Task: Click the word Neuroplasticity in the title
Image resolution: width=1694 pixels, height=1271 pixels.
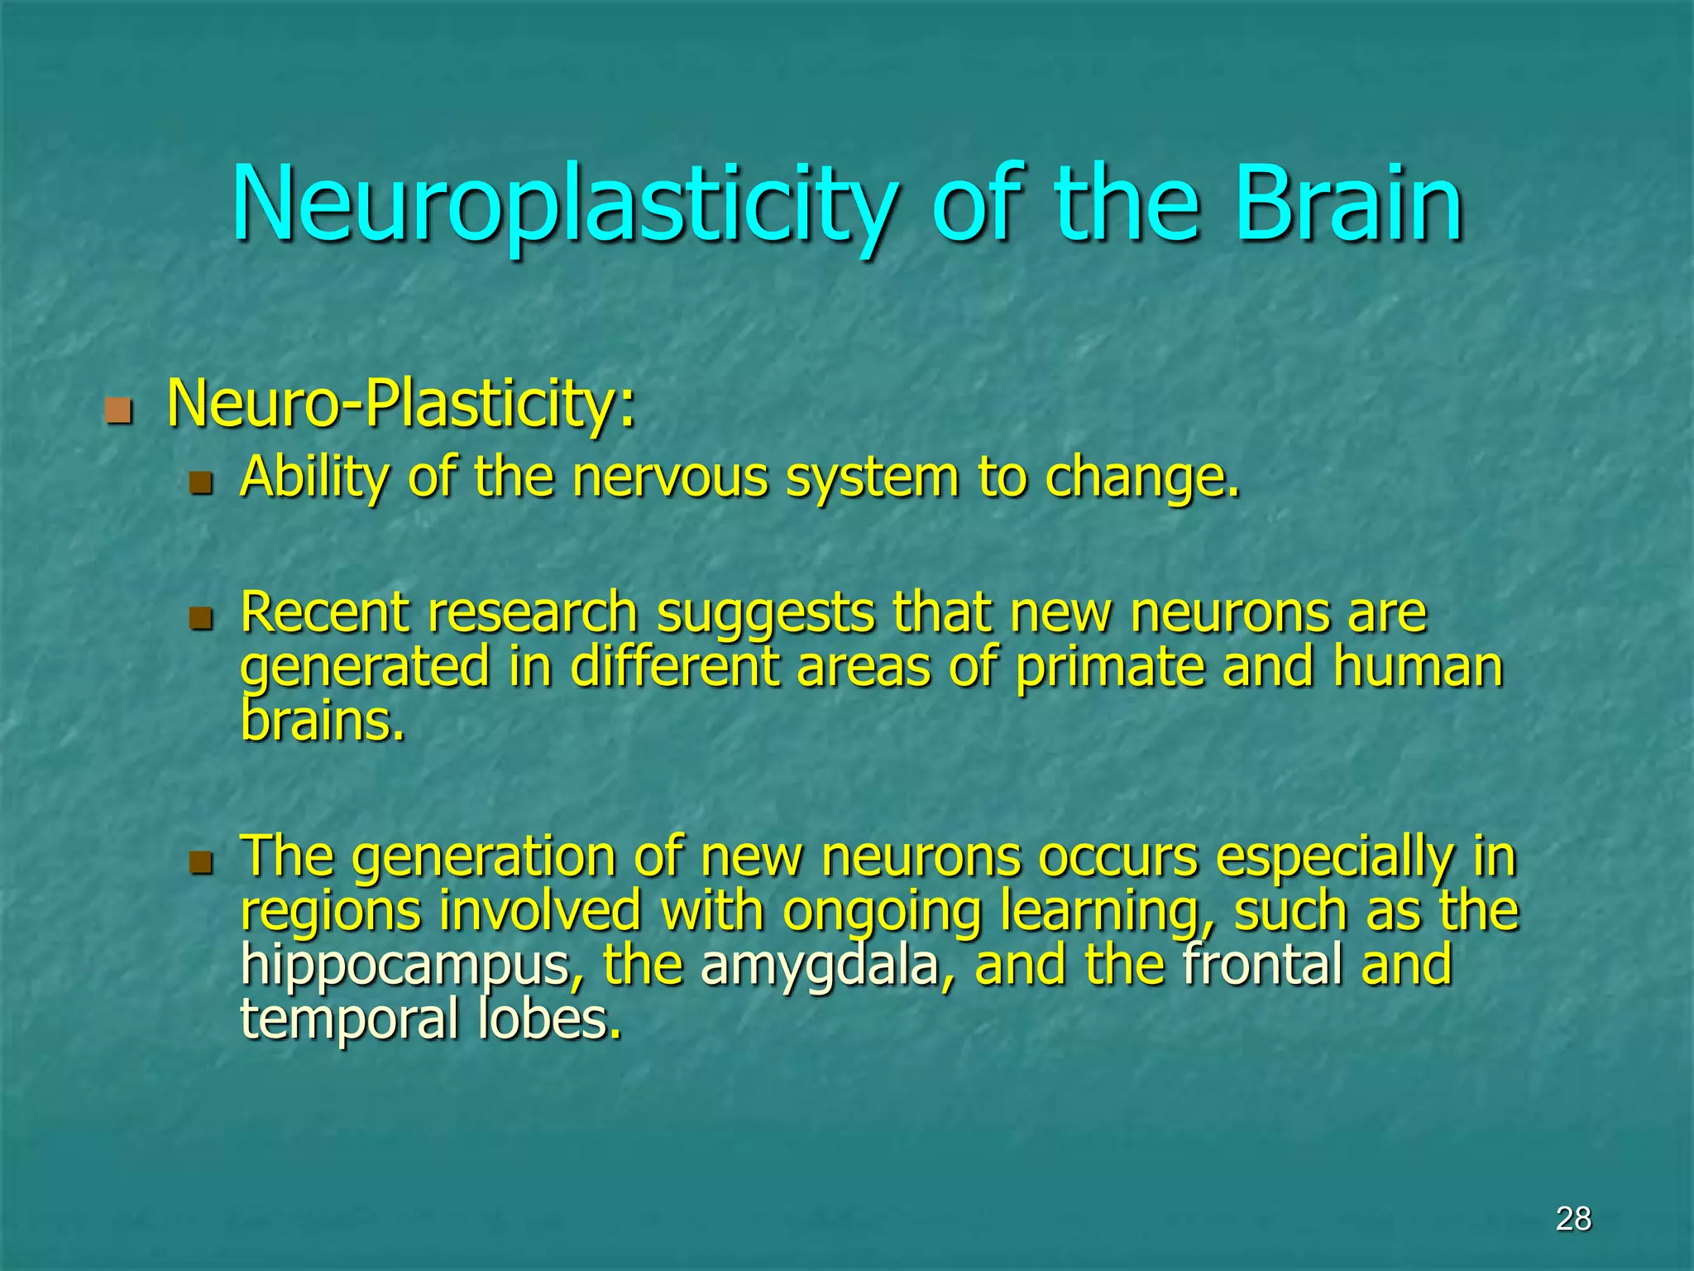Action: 562,205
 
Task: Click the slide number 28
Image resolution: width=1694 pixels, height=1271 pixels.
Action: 1573,1219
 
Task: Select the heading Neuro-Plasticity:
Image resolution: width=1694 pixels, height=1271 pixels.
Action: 401,405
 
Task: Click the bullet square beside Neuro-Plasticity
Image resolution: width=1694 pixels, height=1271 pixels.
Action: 119,410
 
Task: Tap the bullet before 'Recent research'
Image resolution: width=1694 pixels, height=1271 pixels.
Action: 201,618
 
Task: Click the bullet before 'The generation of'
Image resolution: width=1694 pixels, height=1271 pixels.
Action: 201,863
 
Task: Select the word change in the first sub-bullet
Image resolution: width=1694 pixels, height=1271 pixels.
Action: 1141,479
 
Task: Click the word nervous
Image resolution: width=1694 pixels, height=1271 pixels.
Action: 670,479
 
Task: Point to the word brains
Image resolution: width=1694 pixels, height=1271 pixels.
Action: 323,722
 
